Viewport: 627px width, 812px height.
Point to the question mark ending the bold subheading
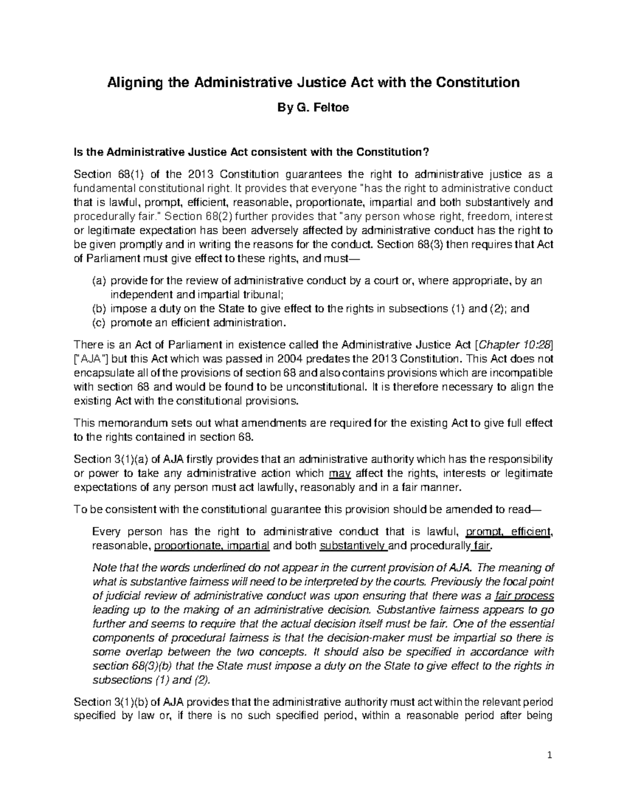(426, 152)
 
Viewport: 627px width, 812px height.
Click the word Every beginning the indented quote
(106, 532)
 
